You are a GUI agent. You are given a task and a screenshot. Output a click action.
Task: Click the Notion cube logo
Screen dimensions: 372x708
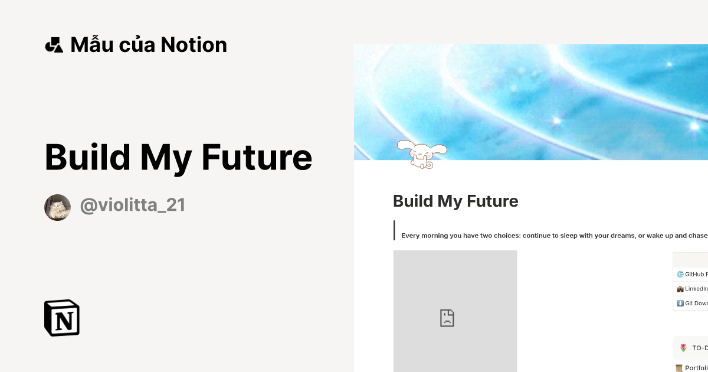[62, 318]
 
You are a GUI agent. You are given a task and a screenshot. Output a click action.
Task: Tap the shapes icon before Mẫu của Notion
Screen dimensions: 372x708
[54, 45]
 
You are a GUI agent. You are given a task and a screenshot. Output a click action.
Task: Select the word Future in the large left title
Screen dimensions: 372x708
[257, 158]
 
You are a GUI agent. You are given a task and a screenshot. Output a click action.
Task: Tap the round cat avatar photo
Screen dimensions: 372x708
[57, 207]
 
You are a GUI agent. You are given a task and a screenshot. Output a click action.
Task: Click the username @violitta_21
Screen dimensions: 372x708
[133, 205]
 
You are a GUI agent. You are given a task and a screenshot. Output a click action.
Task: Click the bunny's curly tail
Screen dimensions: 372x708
[430, 165]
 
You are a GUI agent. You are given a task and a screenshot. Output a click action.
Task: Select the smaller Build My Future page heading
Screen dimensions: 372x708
[455, 201]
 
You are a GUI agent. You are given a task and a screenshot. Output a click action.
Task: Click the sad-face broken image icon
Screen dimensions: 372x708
[447, 318]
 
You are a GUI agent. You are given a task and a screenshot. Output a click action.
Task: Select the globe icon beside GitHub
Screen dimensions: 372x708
[680, 274]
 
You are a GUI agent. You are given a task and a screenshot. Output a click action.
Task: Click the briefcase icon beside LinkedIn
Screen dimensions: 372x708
[680, 289]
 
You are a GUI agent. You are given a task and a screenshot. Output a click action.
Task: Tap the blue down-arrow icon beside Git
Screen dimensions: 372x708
[680, 304]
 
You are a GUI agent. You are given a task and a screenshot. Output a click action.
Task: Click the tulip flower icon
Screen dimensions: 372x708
[683, 348]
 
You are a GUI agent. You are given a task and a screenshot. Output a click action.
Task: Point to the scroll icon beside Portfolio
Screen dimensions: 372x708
[679, 368]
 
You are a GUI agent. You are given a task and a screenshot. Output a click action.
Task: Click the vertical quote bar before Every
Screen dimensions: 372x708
[394, 230]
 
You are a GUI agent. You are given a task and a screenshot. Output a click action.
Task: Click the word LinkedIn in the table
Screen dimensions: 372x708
[697, 289]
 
